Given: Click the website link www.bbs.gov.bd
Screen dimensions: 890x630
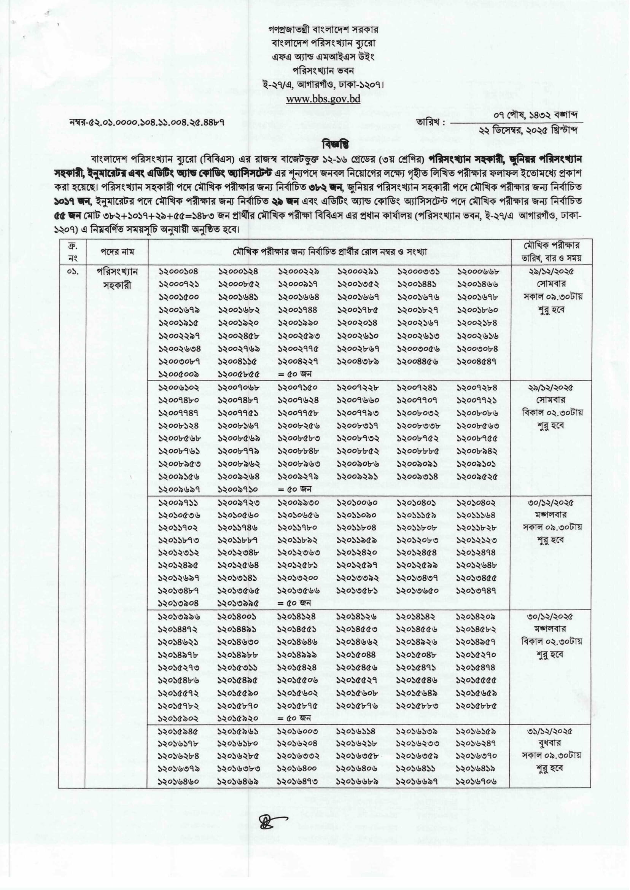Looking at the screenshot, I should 323,99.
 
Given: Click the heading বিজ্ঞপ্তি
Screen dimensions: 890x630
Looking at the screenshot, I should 335,144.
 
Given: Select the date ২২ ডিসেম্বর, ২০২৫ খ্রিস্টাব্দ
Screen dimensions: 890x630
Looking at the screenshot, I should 528,131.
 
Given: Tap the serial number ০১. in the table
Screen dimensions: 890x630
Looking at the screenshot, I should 72,272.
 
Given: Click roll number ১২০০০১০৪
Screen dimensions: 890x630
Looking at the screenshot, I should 178,272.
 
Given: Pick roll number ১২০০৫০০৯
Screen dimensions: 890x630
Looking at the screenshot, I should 178,375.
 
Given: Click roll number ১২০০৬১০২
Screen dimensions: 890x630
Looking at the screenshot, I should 178,388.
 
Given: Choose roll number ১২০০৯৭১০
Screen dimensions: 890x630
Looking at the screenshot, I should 238,490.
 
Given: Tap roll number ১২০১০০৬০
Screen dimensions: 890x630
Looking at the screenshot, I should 357,502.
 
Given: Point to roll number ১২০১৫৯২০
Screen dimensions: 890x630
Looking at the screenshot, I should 238,718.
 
